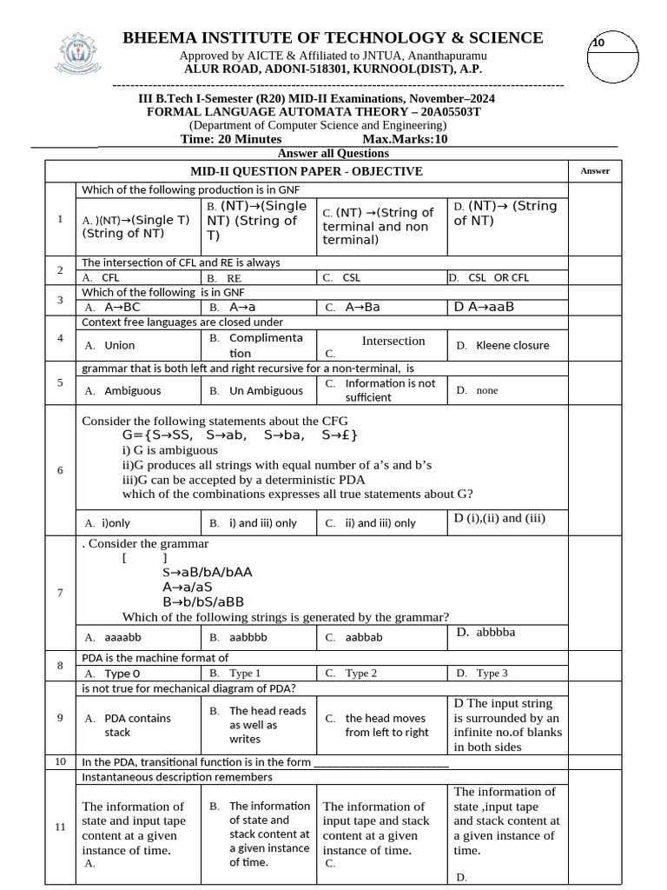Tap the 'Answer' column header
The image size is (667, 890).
click(595, 171)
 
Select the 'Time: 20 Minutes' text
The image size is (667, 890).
click(231, 139)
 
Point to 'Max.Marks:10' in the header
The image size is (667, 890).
click(405, 139)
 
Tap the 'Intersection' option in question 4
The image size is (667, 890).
click(393, 341)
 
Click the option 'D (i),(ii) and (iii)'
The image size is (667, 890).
click(499, 518)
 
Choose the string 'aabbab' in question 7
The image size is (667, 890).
click(363, 636)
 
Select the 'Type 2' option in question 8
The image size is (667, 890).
click(361, 673)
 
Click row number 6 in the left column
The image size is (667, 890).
click(60, 470)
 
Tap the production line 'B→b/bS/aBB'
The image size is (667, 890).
click(203, 601)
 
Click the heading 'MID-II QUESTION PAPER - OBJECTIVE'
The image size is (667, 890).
click(307, 171)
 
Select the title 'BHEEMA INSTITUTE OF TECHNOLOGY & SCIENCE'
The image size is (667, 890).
click(333, 37)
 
